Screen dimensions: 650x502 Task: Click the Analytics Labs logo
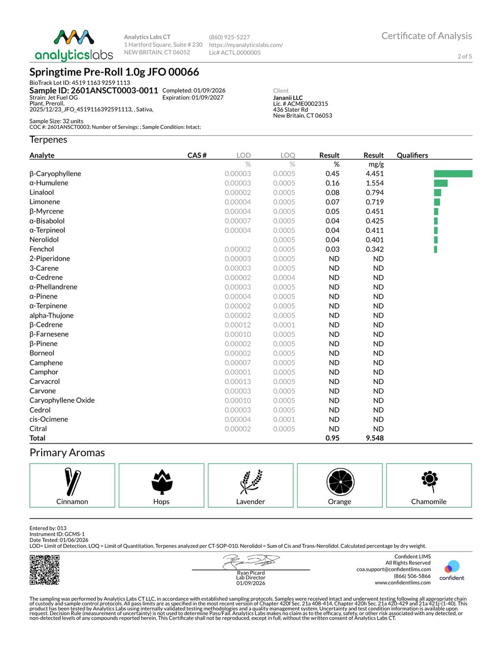[74, 45]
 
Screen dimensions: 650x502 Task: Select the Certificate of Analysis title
[427, 36]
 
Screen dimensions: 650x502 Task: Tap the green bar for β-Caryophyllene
[453, 174]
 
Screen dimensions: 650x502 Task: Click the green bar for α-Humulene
[441, 183]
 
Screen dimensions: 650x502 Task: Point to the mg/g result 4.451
[375, 174]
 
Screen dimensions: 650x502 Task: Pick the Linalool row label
[42, 192]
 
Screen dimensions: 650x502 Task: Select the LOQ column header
[288, 155]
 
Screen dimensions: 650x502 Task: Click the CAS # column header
[197, 155]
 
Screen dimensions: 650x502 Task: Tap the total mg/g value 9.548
[375, 438]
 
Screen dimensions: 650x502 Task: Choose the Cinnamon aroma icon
[72, 481]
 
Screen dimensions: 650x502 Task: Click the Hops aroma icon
[161, 481]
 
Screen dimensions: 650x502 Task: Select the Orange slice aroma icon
[340, 482]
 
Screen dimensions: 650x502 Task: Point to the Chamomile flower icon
[429, 480]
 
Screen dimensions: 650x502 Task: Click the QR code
[45, 570]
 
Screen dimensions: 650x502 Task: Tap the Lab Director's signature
[251, 562]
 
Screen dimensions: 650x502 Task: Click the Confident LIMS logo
[452, 570]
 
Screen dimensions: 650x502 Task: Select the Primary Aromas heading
[67, 453]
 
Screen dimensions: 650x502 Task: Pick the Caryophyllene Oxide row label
[62, 400]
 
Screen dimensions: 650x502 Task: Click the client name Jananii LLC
[288, 98]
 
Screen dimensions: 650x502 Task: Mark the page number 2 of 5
[464, 56]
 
